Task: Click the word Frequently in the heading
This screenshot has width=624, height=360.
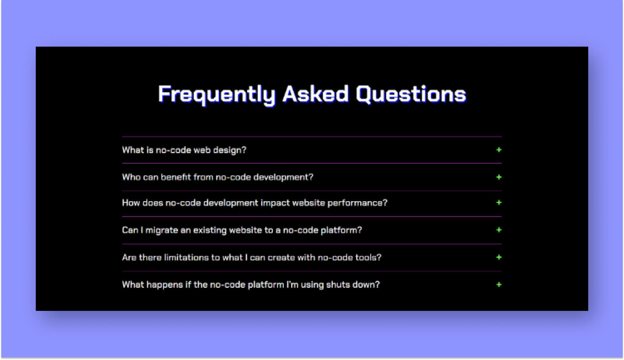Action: tap(217, 94)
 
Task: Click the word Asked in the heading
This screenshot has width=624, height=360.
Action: tap(315, 94)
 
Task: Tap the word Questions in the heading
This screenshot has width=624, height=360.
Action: tap(411, 94)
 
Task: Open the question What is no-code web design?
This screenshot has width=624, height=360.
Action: tap(184, 150)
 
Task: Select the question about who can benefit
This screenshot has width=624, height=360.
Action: tap(218, 177)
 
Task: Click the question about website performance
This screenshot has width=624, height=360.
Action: tap(255, 203)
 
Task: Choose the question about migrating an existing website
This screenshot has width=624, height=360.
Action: tap(242, 230)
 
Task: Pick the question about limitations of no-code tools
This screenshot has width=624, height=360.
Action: tap(251, 257)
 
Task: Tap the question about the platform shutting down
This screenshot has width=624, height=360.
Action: tap(251, 285)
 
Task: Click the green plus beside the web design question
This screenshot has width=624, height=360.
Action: tap(499, 150)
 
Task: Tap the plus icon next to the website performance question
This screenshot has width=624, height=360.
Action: tap(499, 203)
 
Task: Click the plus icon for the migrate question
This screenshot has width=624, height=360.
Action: tap(499, 230)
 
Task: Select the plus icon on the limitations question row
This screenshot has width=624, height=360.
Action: tap(499, 257)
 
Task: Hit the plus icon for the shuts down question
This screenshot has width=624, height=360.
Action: tap(499, 285)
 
